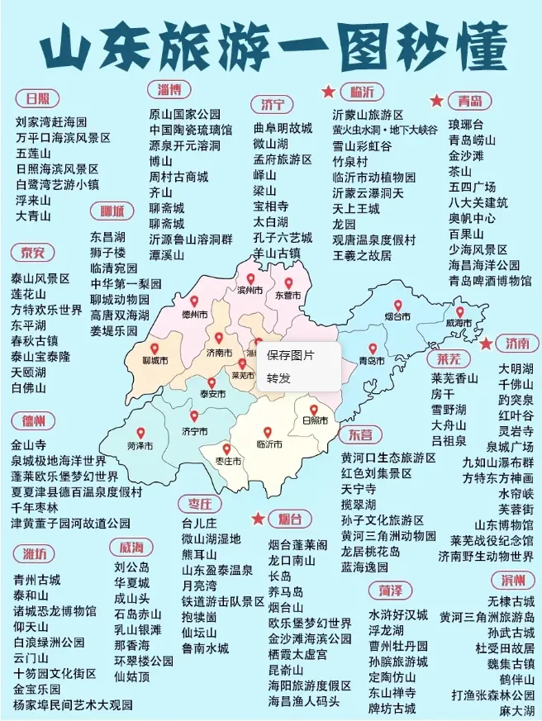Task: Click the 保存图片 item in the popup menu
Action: pos(290,355)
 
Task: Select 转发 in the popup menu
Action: pos(278,378)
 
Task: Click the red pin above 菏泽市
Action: pos(140,433)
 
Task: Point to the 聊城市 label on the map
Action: pos(155,361)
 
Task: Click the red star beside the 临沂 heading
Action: pos(328,91)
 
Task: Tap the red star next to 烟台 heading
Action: pos(258,519)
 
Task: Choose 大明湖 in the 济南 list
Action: pos(516,368)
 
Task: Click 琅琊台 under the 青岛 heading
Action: pos(466,124)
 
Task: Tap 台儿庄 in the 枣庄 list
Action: pos(199,523)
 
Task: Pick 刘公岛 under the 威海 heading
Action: pos(131,567)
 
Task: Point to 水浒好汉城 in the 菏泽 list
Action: pos(398,615)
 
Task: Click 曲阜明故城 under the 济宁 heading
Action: pos(283,128)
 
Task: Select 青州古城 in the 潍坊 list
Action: pos(36,579)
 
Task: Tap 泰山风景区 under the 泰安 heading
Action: pos(40,279)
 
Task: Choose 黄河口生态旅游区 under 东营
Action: pos(388,458)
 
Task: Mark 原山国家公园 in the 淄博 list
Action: pos(185,114)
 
